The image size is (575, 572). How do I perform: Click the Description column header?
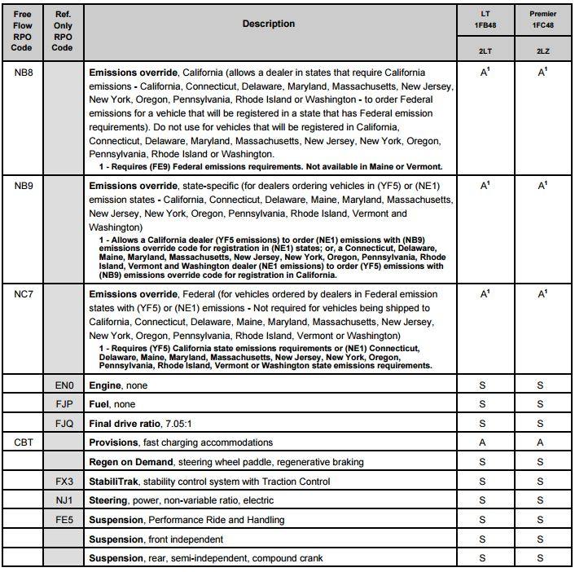pyautogui.click(x=269, y=24)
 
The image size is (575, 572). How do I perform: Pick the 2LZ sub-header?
pyautogui.click(x=542, y=51)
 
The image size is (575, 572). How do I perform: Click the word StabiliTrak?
pyautogui.click(x=114, y=482)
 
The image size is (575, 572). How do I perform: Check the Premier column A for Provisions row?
pyautogui.click(x=542, y=442)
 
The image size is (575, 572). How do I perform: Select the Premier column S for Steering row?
pyautogui.click(x=542, y=500)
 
